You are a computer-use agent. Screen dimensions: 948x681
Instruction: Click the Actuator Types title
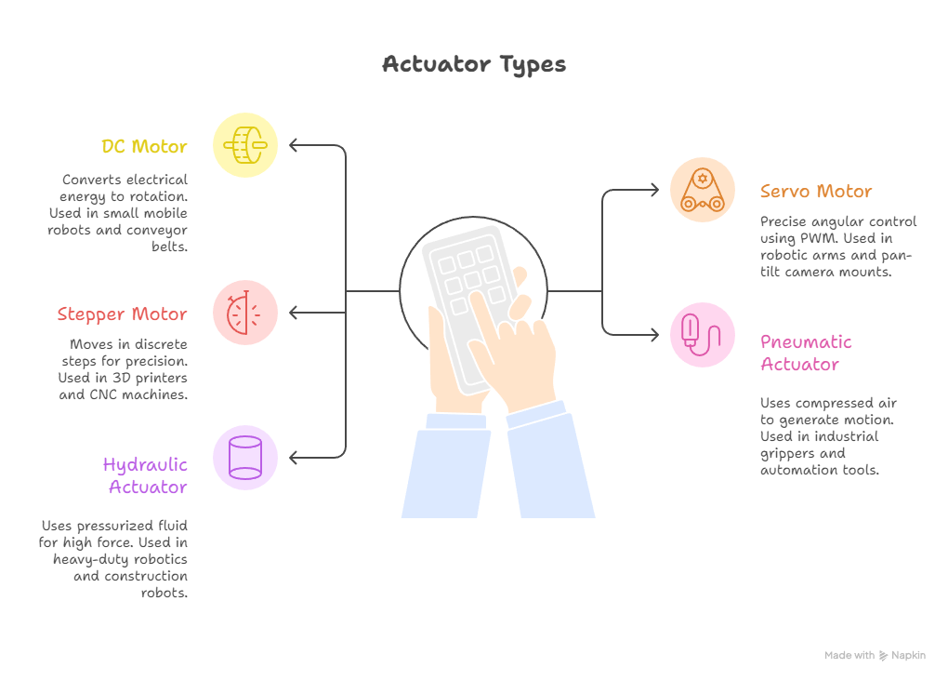[474, 64]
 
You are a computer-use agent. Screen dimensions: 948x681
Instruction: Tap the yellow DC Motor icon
[244, 145]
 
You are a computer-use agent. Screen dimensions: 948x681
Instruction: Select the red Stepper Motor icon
[244, 313]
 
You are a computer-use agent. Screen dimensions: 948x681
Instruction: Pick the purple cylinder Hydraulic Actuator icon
[244, 458]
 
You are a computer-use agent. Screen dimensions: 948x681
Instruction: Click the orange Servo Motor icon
[703, 190]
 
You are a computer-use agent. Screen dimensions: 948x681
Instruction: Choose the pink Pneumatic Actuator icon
[703, 335]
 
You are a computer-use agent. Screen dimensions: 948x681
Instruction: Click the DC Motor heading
[144, 146]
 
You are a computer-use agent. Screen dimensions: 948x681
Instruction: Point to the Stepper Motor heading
[122, 314]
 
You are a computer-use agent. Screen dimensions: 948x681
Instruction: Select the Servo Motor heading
[816, 192]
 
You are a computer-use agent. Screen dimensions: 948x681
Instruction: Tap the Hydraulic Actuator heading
[145, 475]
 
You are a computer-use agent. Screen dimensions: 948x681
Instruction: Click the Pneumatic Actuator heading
[806, 353]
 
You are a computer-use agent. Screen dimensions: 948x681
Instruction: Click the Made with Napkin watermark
[875, 655]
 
